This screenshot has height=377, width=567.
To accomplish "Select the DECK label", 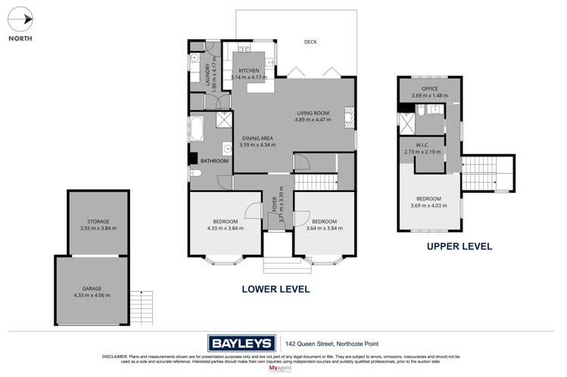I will click(x=310, y=42).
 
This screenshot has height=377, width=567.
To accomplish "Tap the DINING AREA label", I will click(x=257, y=138).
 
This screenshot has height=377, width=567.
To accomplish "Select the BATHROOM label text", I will click(x=214, y=161).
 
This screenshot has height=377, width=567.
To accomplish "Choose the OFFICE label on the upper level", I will click(x=430, y=88).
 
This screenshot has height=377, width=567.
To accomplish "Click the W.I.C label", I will click(x=422, y=145).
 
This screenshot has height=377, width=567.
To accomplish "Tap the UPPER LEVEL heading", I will click(x=459, y=246).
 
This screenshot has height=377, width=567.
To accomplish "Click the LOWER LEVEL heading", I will click(x=276, y=289).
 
